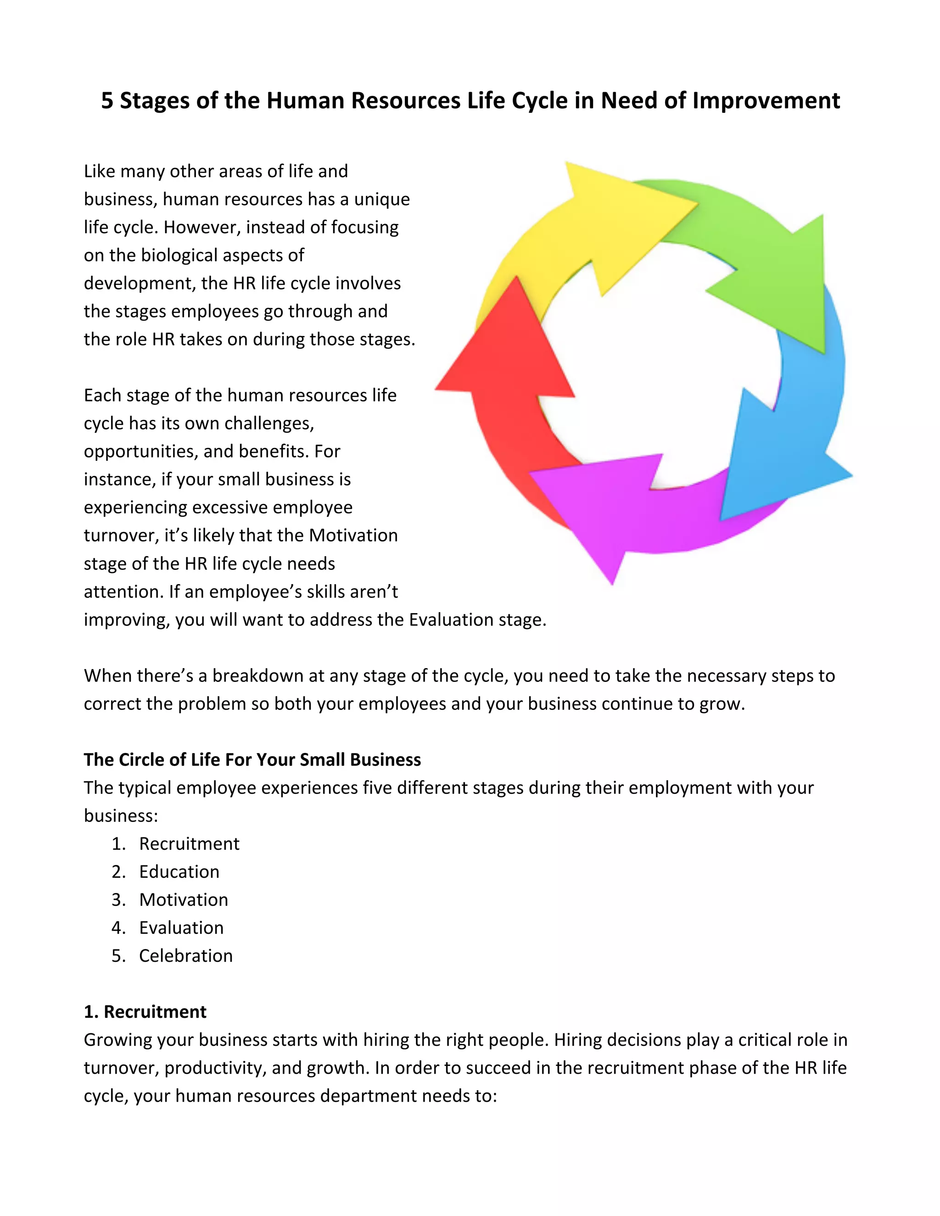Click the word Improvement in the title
[x=766, y=101]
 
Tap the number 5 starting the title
[x=107, y=101]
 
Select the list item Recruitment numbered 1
[x=189, y=843]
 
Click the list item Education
[x=179, y=871]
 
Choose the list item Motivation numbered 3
[x=183, y=899]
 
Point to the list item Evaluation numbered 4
[x=181, y=927]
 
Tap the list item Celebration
[x=185, y=955]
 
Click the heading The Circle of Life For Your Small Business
[x=252, y=759]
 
